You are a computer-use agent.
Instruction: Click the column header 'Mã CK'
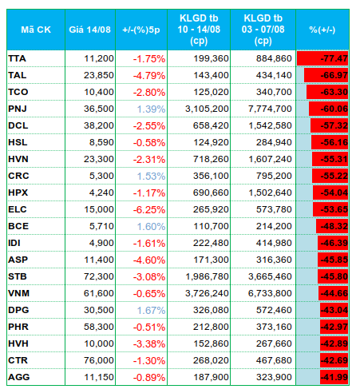coord(36,30)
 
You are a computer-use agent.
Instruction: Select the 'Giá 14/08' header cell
coord(89,30)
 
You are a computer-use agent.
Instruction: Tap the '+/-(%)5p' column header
coord(141,30)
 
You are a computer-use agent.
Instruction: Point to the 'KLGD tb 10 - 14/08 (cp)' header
coord(199,30)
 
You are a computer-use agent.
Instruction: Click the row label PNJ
coord(18,109)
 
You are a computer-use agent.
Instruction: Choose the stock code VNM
coord(18,293)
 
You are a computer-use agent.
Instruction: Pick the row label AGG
coord(18,377)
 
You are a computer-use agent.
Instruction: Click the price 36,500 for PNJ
coord(99,109)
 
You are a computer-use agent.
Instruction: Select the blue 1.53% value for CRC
coord(151,176)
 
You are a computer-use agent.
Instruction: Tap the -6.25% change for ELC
coord(149,209)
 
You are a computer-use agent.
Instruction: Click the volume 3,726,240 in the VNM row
coord(207,293)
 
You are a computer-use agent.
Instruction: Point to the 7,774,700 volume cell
coord(270,109)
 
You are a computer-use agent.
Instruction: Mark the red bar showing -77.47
coord(322,58)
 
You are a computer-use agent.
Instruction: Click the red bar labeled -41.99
coord(334,377)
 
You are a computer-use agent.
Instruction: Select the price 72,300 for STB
coord(99,276)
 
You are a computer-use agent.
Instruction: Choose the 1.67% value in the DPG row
coord(151,310)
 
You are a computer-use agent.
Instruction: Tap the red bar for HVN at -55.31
coord(330,159)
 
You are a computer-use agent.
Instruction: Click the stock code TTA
coord(17,58)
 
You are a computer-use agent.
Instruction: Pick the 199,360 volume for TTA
coord(211,58)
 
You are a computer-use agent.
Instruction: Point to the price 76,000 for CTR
coord(99,360)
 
